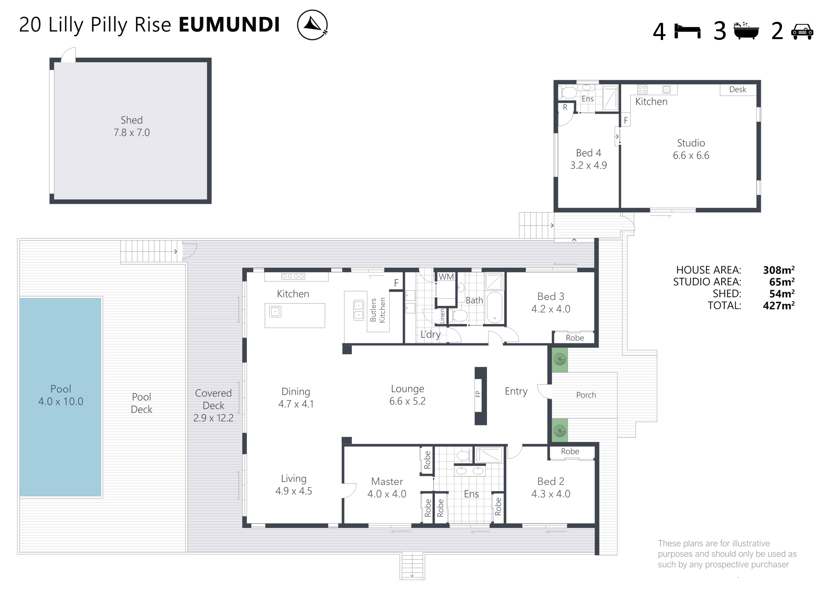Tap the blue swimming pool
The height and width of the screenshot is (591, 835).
[x=60, y=397]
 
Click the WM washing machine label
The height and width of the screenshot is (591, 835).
[x=446, y=277]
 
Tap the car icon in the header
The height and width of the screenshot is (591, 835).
[x=802, y=32]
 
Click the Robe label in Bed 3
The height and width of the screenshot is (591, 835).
[x=575, y=338]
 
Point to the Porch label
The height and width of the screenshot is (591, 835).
[x=586, y=395]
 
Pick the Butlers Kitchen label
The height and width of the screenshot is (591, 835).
[x=377, y=310]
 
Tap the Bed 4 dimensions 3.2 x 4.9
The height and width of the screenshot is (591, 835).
[x=588, y=165]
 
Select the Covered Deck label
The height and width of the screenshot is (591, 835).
[x=213, y=399]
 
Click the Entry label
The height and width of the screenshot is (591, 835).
[x=516, y=392]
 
